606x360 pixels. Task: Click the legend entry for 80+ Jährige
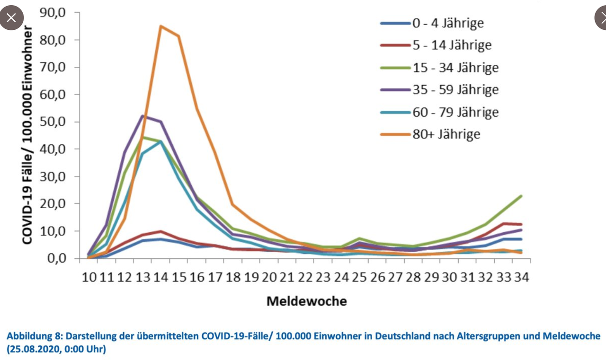coord(446,134)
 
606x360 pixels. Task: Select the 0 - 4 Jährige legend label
coord(447,23)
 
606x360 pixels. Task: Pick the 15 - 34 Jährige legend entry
coord(455,67)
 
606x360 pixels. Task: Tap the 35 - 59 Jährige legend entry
coord(455,89)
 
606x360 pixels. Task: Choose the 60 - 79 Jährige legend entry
coord(455,112)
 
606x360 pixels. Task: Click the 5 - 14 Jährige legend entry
coord(451,45)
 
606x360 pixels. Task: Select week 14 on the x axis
coord(160,277)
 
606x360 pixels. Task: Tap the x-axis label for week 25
coord(359,277)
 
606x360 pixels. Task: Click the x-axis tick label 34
coord(521,277)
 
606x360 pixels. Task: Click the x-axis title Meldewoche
coord(306,301)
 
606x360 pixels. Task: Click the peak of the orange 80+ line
coord(160,26)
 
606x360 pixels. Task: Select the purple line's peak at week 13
coord(143,115)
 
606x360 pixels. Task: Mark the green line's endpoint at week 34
coord(521,196)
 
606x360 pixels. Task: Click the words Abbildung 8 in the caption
coord(33,336)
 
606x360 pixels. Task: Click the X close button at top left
coord(11,18)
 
